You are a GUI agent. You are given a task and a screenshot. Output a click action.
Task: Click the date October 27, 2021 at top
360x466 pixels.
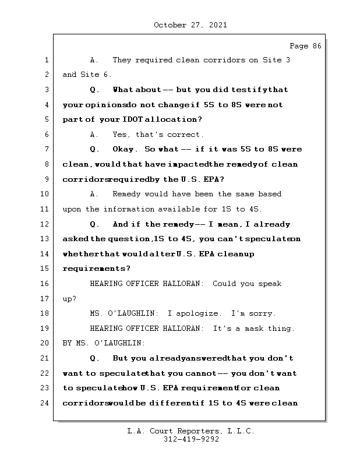[x=190, y=25]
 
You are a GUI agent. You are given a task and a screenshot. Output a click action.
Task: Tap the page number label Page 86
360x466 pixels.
[x=305, y=46]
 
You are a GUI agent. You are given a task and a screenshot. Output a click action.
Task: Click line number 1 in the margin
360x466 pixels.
[x=47, y=61]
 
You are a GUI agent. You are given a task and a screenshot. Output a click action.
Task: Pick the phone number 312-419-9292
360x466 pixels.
[x=191, y=440]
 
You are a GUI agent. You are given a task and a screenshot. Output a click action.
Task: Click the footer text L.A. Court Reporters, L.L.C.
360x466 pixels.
[x=191, y=432]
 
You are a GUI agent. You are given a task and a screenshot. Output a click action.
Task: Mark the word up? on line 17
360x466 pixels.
[x=69, y=299]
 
